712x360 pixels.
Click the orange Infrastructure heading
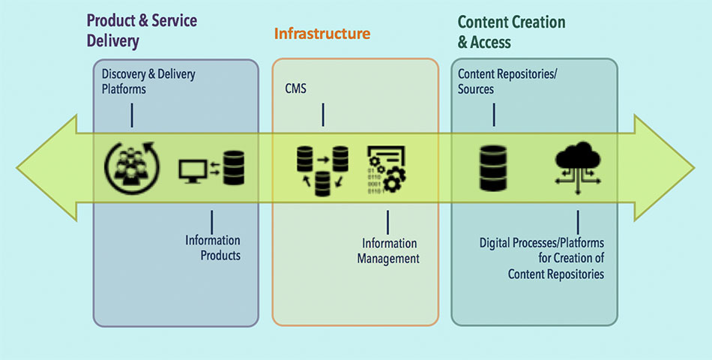tap(322, 34)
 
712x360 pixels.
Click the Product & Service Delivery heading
tap(142, 31)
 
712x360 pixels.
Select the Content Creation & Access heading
tap(511, 31)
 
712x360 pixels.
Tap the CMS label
tap(295, 88)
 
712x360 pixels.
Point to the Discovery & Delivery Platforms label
tap(148, 81)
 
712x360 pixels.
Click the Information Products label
tap(213, 247)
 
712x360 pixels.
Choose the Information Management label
tap(388, 251)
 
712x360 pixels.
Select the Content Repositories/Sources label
tap(507, 81)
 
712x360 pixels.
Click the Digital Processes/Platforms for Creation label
tap(542, 258)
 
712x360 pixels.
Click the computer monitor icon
tap(193, 171)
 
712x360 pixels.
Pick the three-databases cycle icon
tap(322, 170)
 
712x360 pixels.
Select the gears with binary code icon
tap(387, 169)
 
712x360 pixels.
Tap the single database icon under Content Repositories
tap(493, 168)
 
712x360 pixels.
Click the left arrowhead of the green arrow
tap(46, 168)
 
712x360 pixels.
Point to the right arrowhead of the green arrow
tap(664, 168)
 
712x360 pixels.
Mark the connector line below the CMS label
tap(323, 115)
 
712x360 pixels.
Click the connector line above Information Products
tap(211, 222)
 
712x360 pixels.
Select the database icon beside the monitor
tap(234, 168)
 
